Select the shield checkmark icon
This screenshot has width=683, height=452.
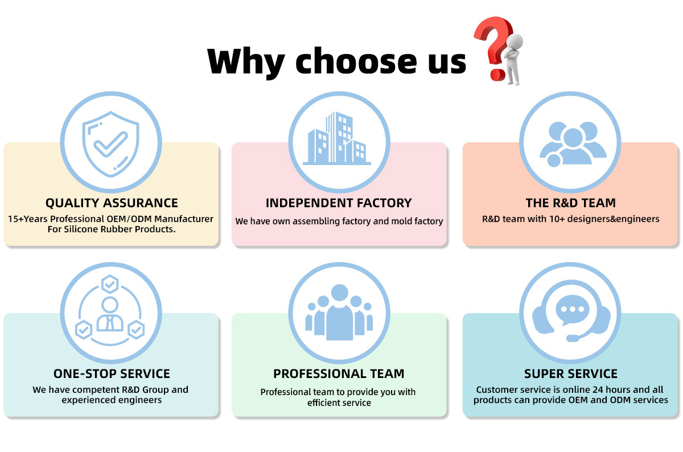(111, 142)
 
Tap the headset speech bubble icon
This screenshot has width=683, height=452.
(570, 314)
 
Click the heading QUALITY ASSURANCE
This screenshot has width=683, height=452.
(112, 203)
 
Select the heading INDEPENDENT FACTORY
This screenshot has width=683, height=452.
(339, 203)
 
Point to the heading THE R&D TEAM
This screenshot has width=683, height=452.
(570, 203)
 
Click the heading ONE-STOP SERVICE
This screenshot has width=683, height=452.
(112, 373)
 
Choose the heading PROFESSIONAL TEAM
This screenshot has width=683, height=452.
(339, 373)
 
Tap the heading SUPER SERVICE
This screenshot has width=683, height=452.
(570, 373)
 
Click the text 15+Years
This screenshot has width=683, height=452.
(28, 219)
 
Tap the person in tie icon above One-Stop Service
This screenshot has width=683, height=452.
(110, 315)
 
